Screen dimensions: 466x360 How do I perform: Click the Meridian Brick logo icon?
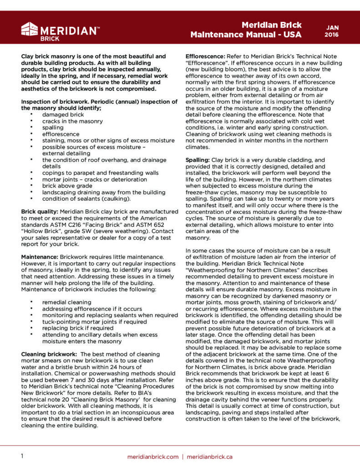[30, 30]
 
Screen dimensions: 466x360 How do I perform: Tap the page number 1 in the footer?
[22, 456]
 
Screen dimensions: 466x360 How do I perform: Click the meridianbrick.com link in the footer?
[153, 456]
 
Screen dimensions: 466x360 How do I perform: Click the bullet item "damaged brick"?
[63, 115]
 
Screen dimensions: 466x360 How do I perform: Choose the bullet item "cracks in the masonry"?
[72, 122]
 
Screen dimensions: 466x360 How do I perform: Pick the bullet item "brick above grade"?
[66, 186]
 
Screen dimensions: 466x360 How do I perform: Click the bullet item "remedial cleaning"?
[66, 302]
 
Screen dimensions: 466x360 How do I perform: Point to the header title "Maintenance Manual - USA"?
[246, 35]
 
